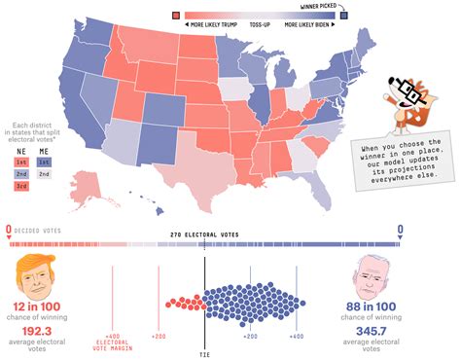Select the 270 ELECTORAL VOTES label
click(x=203, y=235)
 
